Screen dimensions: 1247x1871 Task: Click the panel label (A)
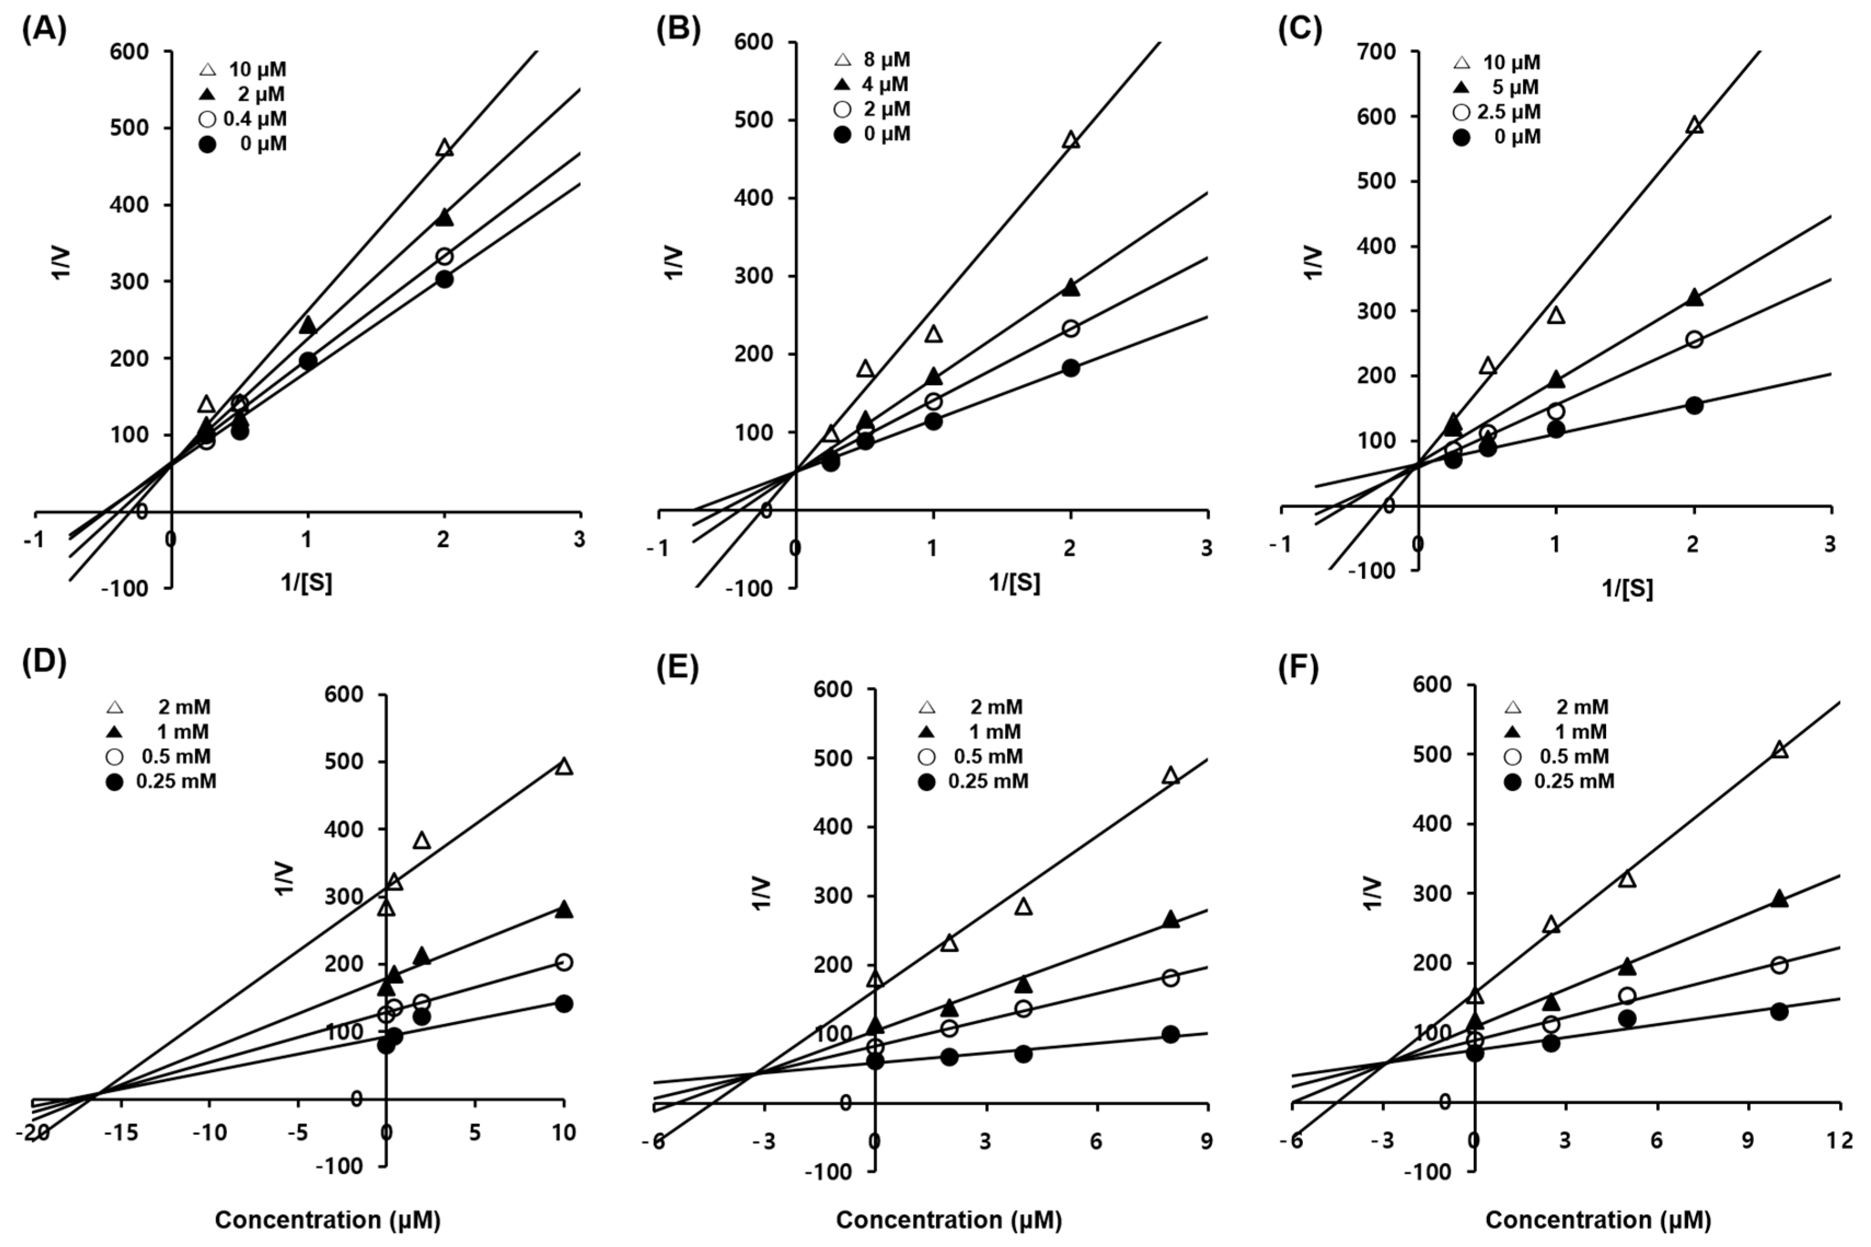click(44, 30)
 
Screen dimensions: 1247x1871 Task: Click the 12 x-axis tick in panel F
click(1839, 1140)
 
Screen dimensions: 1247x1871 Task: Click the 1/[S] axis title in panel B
click(1014, 583)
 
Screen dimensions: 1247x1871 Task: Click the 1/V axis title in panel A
click(62, 263)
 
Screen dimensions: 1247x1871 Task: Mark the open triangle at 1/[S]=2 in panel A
click(445, 148)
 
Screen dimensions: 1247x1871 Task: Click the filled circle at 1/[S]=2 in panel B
click(1071, 368)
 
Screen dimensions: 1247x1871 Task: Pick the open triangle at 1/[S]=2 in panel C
click(1694, 126)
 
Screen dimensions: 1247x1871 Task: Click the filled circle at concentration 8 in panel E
click(1170, 1034)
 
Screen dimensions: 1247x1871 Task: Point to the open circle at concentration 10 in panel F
click(1780, 965)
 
